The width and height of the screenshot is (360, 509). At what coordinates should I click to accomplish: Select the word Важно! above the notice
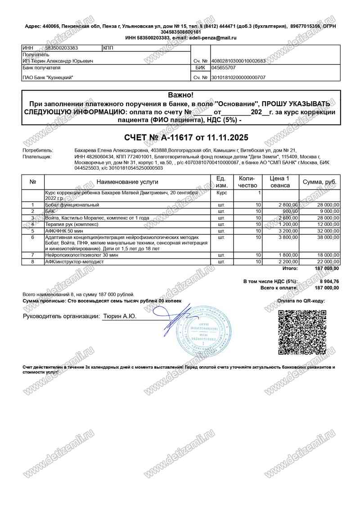coord(180,95)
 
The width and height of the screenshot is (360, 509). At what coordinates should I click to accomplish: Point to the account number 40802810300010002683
coord(238,61)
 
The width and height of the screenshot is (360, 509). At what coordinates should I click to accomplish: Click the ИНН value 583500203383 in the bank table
coord(61,48)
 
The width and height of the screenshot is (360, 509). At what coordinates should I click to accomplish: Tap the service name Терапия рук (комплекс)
coord(71,224)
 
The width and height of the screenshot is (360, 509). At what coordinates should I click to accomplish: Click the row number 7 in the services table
coord(33,255)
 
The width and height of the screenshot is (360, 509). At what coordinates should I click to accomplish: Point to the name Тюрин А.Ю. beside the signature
coord(120,317)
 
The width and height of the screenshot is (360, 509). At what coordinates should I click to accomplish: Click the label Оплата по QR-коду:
coord(301,301)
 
